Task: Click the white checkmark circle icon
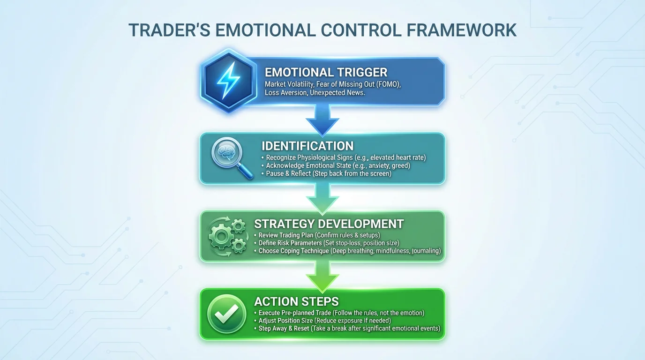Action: pyautogui.click(x=227, y=314)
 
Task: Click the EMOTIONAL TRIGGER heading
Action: pyautogui.click(x=326, y=72)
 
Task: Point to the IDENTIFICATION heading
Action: pyautogui.click(x=307, y=145)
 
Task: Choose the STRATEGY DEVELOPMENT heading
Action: pyautogui.click(x=329, y=224)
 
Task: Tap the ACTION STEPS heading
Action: pyautogui.click(x=296, y=301)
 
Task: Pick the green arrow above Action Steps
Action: pyautogui.click(x=322, y=276)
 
